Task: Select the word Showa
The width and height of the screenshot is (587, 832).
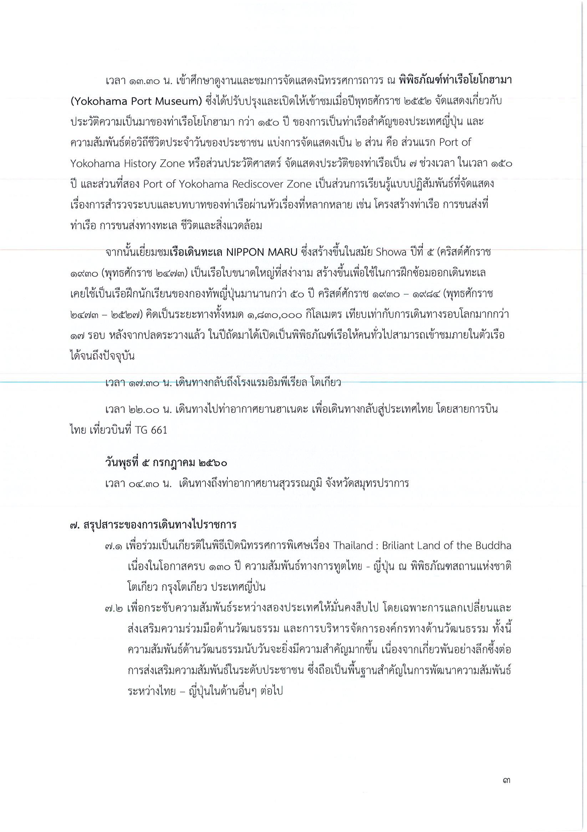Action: [386, 253]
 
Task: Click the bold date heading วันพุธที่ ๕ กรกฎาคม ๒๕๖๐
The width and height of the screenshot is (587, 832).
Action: [166, 463]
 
